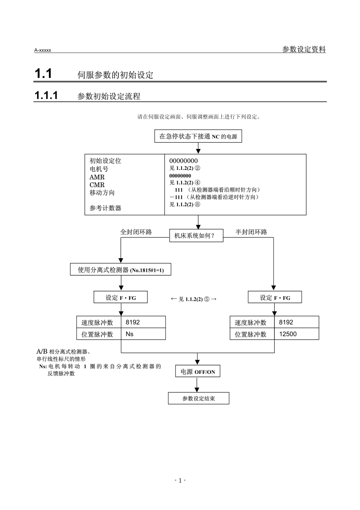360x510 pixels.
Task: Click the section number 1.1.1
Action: click(x=46, y=96)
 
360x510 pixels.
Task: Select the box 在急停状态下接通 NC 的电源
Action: click(x=198, y=137)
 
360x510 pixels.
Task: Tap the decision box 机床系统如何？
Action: click(x=196, y=235)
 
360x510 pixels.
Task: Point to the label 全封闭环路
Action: click(x=136, y=232)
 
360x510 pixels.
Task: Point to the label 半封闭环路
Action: click(x=251, y=232)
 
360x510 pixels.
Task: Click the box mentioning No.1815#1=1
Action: click(x=121, y=270)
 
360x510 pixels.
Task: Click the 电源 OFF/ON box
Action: click(x=197, y=372)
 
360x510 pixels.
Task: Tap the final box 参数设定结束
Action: click(x=198, y=399)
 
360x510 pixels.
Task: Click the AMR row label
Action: click(x=97, y=177)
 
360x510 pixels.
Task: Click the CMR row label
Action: click(x=97, y=185)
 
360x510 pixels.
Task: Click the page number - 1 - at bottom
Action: click(x=180, y=481)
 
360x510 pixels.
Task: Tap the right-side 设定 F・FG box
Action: click(x=275, y=298)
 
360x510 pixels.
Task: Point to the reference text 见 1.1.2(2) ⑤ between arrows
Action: click(x=194, y=299)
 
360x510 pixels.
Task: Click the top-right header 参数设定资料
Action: click(x=304, y=49)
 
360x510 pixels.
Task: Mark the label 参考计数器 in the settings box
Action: click(x=105, y=208)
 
